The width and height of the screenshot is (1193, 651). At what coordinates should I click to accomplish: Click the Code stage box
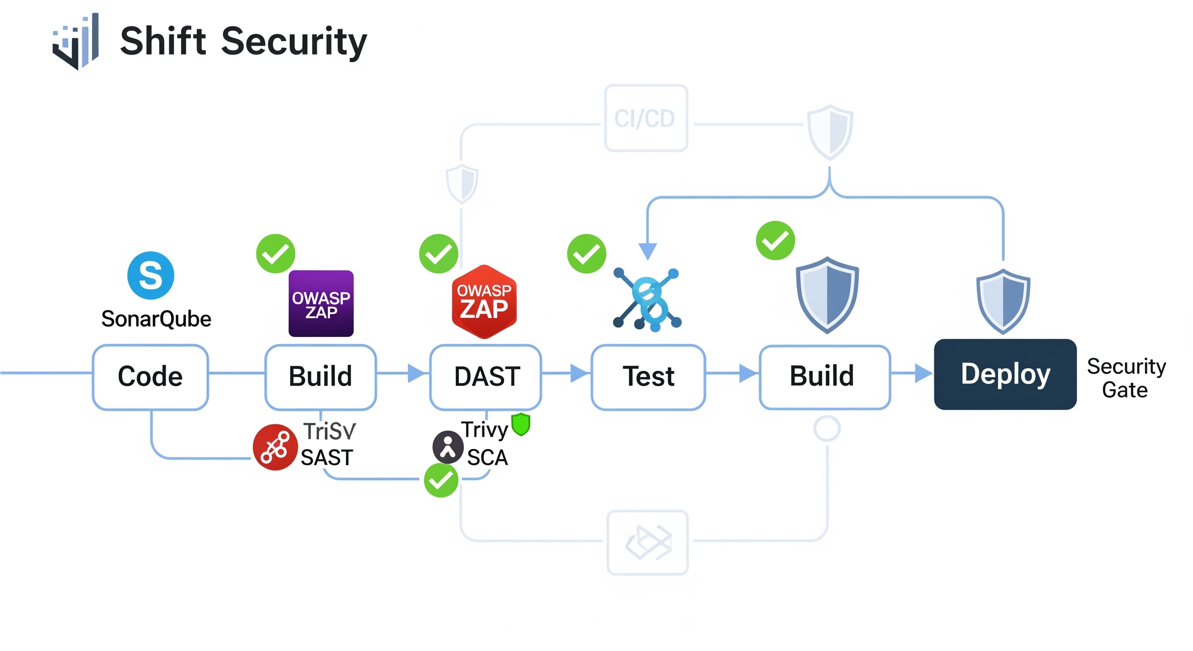[x=150, y=377]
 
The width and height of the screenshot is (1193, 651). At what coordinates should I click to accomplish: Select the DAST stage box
[x=486, y=377]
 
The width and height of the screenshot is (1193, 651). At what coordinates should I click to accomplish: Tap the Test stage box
[x=648, y=377]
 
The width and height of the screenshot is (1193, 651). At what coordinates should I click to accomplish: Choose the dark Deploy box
[x=1004, y=374]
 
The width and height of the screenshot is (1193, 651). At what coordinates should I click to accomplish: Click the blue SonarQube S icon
[x=150, y=275]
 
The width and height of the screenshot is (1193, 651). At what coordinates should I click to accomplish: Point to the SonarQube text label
[x=156, y=319]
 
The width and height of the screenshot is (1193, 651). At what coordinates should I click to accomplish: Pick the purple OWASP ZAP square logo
[x=321, y=303]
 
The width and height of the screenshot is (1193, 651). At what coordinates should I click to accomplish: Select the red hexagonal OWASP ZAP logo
[x=484, y=302]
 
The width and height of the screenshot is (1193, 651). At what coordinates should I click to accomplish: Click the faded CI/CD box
[x=646, y=118]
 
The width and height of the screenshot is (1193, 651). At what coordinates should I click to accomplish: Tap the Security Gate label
[x=1126, y=378]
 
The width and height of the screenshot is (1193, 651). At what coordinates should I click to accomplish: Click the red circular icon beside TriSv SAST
[x=275, y=447]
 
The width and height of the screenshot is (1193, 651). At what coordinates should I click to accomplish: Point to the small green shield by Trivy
[x=521, y=424]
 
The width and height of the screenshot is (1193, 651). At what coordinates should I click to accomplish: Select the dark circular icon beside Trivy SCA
[x=448, y=447]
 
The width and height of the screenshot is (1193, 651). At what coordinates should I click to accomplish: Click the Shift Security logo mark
[x=75, y=42]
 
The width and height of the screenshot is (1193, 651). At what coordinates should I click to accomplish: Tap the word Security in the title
[x=294, y=42]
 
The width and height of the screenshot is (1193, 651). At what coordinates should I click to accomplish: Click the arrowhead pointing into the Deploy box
[x=924, y=373]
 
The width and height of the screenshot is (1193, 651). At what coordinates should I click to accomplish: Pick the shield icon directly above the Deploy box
[x=1003, y=301]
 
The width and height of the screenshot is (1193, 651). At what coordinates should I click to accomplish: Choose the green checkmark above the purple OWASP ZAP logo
[x=275, y=253]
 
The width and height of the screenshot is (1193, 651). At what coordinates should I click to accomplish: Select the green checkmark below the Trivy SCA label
[x=441, y=481]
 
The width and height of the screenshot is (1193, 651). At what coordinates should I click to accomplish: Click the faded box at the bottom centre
[x=647, y=542]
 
